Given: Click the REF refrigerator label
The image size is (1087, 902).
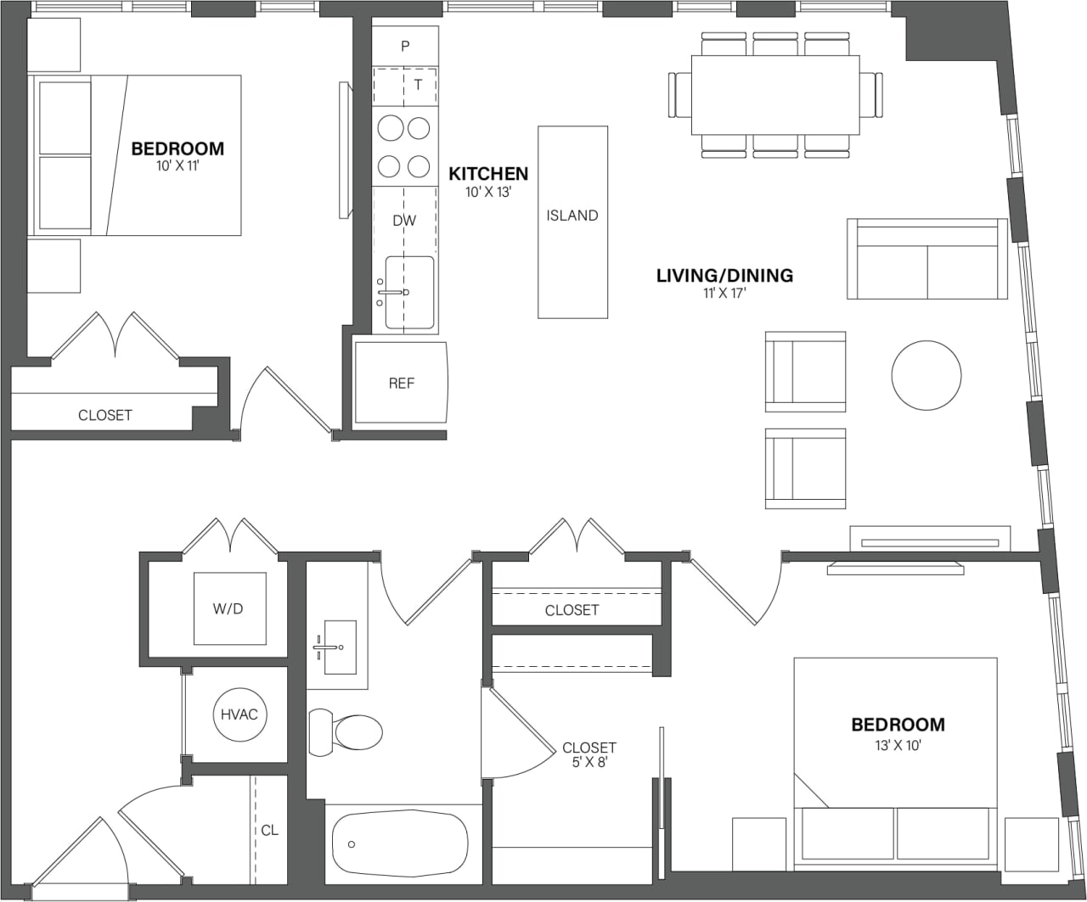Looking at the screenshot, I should [x=401, y=384].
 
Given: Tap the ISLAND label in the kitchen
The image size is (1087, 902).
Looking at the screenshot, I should [x=572, y=216].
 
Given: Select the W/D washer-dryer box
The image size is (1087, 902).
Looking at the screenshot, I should [x=229, y=609].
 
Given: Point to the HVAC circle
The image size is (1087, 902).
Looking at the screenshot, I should [x=239, y=714].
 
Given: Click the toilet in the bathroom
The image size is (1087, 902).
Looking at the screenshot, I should [x=348, y=731].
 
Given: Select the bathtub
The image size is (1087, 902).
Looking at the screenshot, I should [x=399, y=845].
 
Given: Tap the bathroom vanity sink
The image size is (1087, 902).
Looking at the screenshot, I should [x=339, y=647].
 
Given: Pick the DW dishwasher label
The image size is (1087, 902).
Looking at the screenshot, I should [x=404, y=221].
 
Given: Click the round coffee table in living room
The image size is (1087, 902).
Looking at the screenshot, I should [x=926, y=375].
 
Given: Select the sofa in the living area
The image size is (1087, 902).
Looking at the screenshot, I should [x=926, y=260].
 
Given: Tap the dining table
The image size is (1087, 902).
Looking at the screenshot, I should [x=774, y=94].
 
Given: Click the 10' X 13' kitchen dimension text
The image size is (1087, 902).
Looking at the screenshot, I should [x=488, y=193].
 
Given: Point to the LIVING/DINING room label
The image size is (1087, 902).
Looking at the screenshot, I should [x=724, y=276].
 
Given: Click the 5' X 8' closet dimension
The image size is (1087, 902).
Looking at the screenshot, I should [x=589, y=763].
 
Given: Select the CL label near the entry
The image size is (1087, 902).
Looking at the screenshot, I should [x=269, y=830].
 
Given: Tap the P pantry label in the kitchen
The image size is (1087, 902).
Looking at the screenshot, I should [x=405, y=46].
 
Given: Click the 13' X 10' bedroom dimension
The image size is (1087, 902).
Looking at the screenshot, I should [x=898, y=744].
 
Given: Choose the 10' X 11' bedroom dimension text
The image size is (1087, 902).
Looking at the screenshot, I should [x=177, y=166].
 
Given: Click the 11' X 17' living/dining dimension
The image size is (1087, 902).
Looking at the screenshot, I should [x=724, y=294].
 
